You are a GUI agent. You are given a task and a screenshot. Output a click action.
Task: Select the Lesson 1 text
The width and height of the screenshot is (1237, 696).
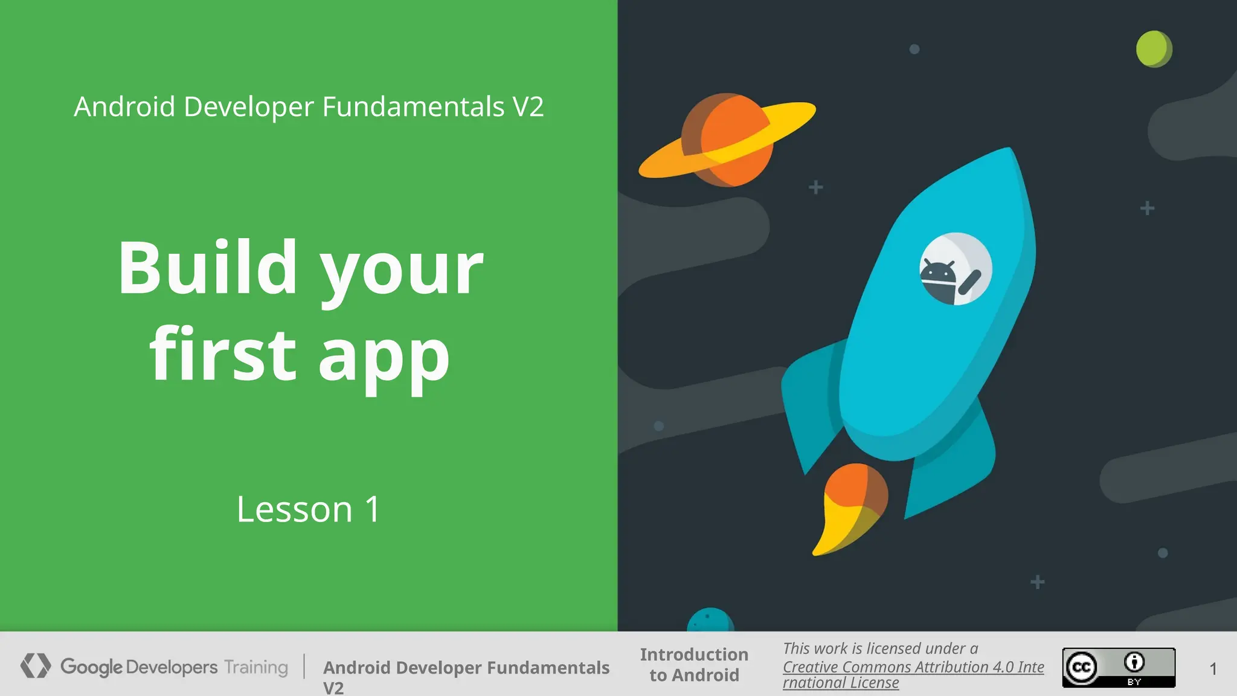[x=309, y=509]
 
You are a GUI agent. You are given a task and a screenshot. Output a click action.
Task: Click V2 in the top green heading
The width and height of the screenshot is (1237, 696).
[x=528, y=107]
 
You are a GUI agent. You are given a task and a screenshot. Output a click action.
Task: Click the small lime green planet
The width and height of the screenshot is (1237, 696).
[x=1154, y=49]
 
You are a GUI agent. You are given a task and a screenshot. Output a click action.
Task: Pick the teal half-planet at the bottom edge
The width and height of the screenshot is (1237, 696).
[x=710, y=620]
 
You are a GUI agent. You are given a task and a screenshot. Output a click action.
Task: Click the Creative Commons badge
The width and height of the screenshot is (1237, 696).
[x=1119, y=667]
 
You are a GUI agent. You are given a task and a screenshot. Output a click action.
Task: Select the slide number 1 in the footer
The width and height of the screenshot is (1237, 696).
[x=1213, y=669]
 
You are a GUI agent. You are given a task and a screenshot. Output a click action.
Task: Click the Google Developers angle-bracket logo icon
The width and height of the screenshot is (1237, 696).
[x=35, y=666]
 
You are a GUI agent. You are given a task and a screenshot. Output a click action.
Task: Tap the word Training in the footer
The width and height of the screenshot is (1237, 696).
[x=256, y=667]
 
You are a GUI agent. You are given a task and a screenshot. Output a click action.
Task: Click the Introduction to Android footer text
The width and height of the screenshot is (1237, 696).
[x=694, y=665]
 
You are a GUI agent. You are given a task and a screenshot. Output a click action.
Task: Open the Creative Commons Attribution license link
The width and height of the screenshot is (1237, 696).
[x=913, y=668]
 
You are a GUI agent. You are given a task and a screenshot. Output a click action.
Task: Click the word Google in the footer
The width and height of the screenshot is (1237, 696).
[x=91, y=667]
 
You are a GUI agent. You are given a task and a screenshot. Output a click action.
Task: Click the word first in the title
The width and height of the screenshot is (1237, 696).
[x=223, y=355]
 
